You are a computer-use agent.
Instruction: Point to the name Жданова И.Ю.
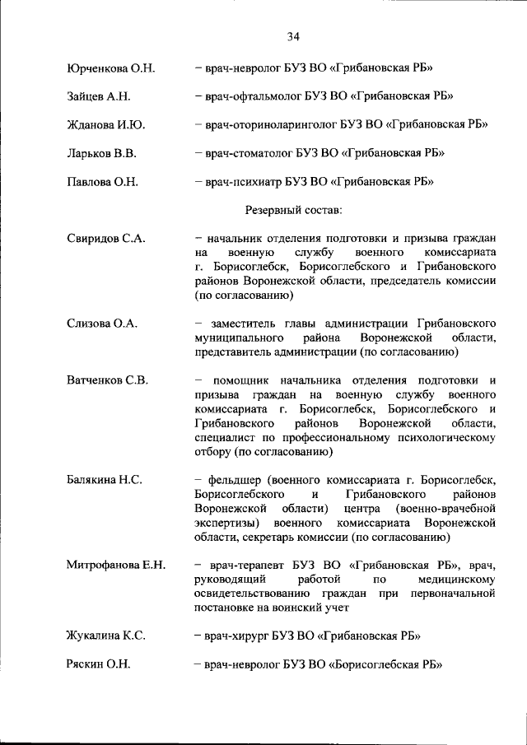(x=105, y=125)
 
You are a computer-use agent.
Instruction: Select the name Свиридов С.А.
(x=105, y=239)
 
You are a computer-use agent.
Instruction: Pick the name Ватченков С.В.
(x=107, y=379)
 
